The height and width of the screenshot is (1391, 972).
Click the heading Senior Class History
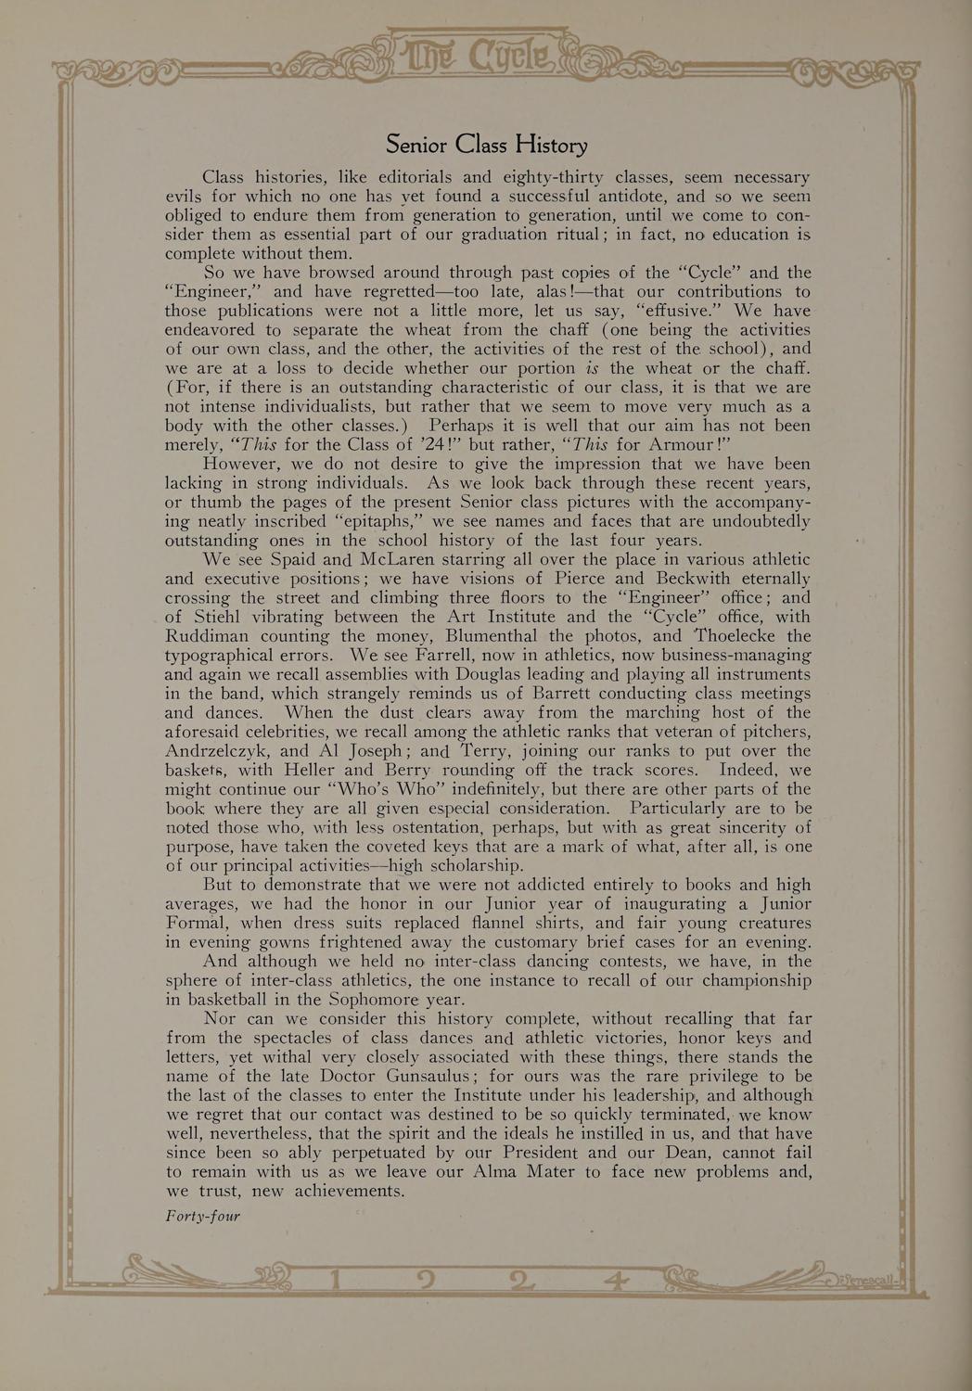(x=486, y=145)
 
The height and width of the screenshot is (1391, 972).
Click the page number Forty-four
(x=202, y=1216)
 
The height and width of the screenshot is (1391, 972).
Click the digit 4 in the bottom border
(x=613, y=1283)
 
